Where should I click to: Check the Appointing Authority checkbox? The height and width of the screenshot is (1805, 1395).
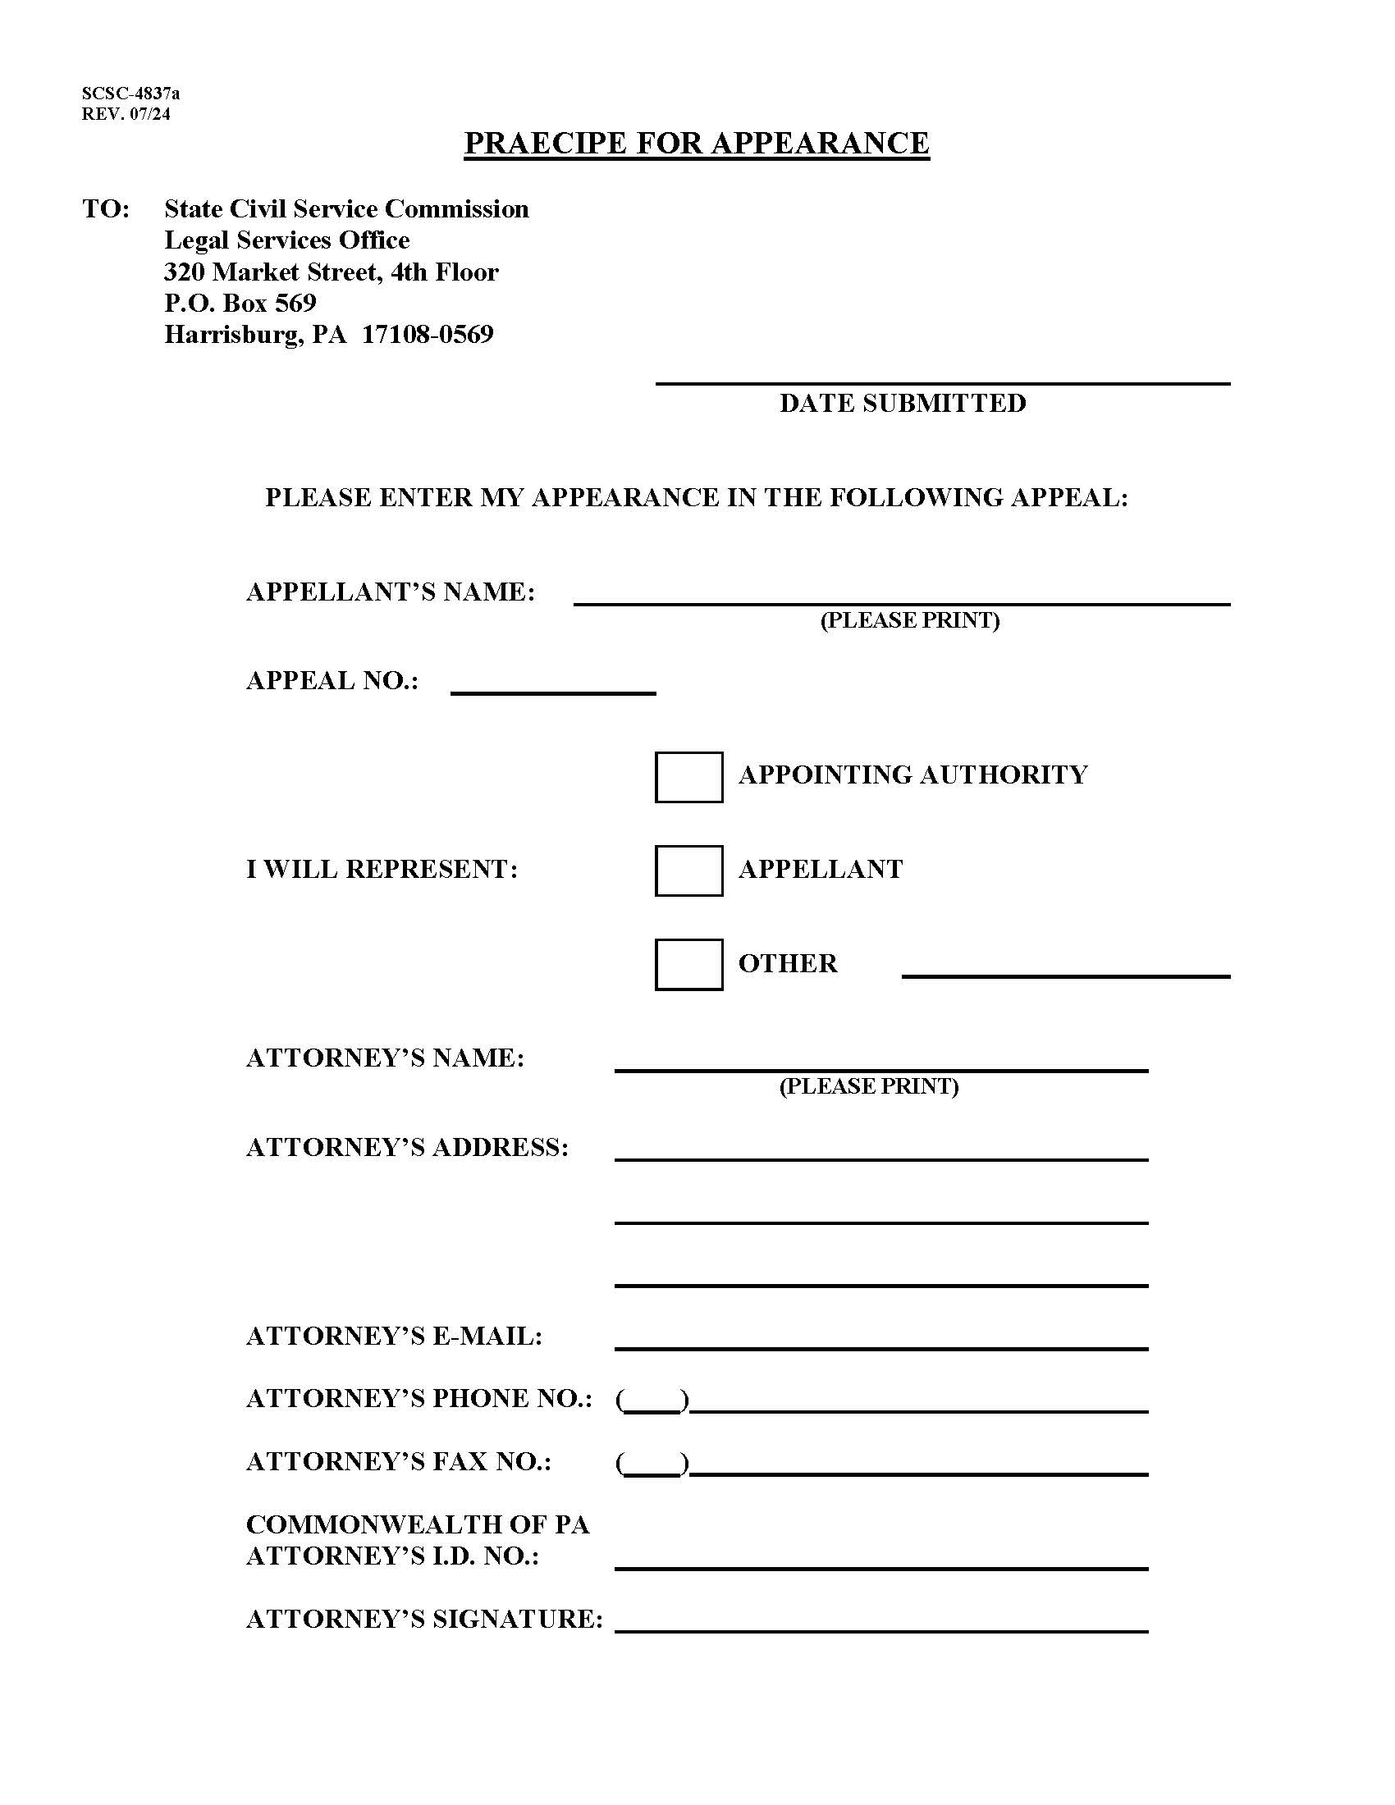coord(688,776)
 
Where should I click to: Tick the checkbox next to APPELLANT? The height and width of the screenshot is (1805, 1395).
coord(688,871)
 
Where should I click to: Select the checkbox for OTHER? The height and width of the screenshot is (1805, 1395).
coord(688,965)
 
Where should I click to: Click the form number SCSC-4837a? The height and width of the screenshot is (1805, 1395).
coord(130,94)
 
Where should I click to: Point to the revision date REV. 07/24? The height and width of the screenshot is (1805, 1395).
coord(126,114)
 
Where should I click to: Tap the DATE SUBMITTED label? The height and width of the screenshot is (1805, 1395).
coord(903,404)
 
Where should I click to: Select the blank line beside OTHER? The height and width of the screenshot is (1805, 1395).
coord(1065,968)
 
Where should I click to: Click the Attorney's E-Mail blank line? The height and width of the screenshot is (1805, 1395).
coord(881,1340)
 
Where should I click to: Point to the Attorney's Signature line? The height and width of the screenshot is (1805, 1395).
coord(881,1622)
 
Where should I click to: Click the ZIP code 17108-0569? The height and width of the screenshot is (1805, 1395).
coord(428,335)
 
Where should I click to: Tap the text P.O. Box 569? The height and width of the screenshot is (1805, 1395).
coord(240,304)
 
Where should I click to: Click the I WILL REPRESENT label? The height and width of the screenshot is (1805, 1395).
coord(382,870)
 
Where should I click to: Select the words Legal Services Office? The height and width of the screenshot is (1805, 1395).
coord(286,240)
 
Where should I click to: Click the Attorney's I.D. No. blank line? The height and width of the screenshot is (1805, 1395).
coord(881,1560)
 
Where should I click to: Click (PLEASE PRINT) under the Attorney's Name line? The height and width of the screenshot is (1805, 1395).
coord(868,1086)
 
